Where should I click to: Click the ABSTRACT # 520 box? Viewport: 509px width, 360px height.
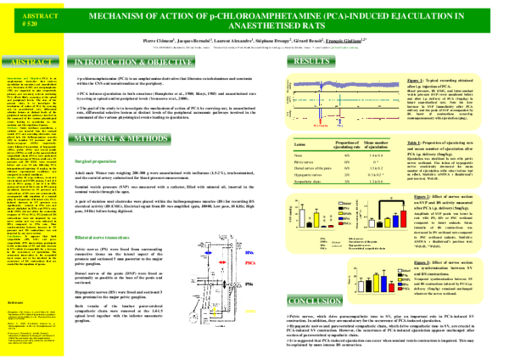[32, 20]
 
